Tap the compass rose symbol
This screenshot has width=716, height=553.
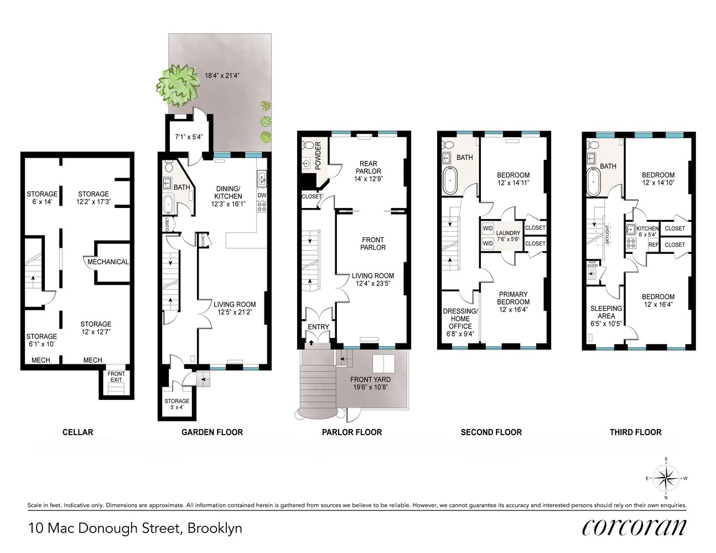[666, 478]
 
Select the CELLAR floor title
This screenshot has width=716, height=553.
[77, 432]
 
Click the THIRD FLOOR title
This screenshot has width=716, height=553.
[635, 432]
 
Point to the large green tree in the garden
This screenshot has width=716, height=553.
[178, 84]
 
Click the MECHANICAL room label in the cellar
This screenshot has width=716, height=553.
[108, 262]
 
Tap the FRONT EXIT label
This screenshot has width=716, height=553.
[116, 377]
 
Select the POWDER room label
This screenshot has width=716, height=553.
[318, 155]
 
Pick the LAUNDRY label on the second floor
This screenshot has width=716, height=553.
[507, 233]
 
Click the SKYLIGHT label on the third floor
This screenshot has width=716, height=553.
[608, 234]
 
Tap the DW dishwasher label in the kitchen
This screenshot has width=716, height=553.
[262, 195]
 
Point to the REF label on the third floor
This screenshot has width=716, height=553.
[653, 244]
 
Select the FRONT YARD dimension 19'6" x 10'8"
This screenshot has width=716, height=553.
[370, 387]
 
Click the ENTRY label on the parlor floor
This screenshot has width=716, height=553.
[318, 327]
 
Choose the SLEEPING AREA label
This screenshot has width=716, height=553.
[606, 312]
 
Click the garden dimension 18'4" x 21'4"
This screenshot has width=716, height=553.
[222, 76]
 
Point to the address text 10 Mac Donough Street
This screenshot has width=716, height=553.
[105, 528]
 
